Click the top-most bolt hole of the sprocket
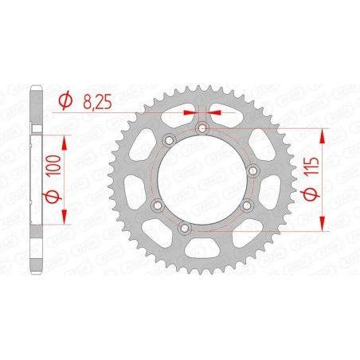coord(202,127)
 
